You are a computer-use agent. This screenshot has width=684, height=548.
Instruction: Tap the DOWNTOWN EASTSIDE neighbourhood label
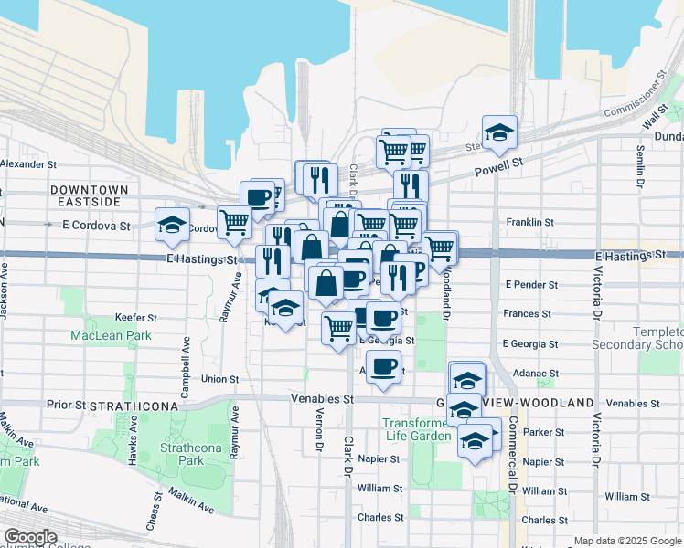coord(90,195)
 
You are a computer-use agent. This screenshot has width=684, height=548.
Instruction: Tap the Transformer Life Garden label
coord(417,429)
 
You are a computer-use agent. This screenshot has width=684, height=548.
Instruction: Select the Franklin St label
coord(530,222)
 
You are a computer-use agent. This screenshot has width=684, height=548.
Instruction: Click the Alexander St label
coord(29,164)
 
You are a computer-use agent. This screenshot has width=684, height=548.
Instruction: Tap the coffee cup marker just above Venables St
coord(383,367)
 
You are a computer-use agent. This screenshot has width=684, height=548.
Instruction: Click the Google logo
coord(30,537)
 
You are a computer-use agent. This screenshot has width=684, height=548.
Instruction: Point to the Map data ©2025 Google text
coord(626,541)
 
